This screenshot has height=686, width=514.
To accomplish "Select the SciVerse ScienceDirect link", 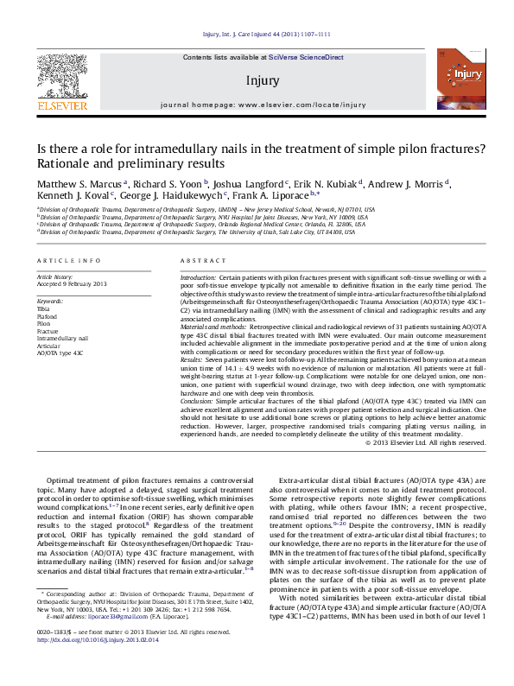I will [x=305, y=57].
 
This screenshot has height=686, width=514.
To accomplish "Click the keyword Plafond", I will [x=48, y=316].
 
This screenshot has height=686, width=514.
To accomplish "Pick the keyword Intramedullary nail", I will [x=62, y=339].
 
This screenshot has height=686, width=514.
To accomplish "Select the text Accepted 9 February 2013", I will [x=72, y=284].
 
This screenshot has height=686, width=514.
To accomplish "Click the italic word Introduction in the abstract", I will [x=198, y=277].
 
